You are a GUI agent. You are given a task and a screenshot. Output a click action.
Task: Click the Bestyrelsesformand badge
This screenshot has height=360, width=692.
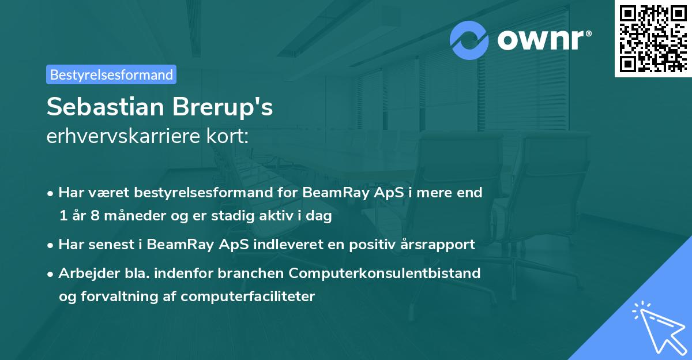coord(111,74)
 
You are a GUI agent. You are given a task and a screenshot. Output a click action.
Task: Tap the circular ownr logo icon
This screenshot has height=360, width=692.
coord(470,40)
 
